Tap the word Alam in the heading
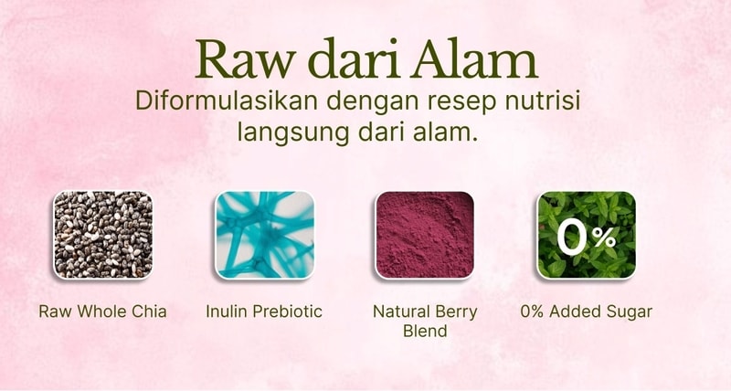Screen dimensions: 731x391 click(475, 58)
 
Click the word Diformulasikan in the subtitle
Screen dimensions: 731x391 click(227, 100)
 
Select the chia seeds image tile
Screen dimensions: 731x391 click(102, 235)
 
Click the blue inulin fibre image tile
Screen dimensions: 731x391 click(264, 235)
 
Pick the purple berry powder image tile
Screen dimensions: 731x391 click(425, 235)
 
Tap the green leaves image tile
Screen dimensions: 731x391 click(587, 235)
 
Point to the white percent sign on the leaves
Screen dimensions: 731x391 click(605, 238)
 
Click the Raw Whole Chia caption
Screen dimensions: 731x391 click(102, 312)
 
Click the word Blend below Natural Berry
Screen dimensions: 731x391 click(425, 331)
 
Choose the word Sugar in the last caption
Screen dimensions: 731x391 click(629, 312)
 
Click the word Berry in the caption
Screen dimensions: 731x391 click(456, 312)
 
